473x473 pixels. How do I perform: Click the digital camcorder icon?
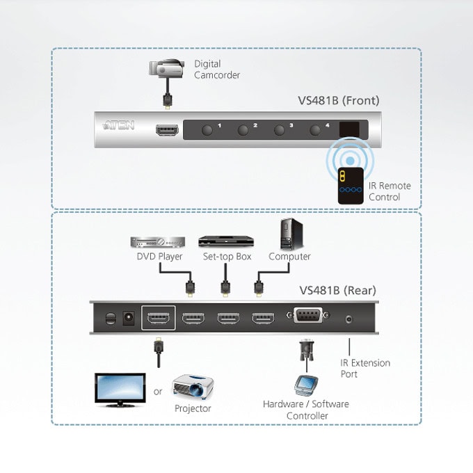166,69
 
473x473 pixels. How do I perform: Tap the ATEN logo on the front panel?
118,125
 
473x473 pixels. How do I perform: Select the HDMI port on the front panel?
167,130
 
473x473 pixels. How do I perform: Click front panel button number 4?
315,130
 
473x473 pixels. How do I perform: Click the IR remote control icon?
351,186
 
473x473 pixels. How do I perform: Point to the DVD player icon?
157,242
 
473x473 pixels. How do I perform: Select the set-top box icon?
226,241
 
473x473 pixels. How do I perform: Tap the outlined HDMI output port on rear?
159,318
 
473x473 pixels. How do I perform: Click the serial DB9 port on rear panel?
307,315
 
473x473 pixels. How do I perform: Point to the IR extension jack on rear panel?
348,319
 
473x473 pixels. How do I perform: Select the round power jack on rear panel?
129,318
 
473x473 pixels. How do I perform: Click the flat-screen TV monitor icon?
120,390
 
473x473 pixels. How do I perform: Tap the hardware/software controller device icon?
306,385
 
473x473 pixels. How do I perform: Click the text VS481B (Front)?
339,100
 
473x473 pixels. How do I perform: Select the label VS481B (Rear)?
337,290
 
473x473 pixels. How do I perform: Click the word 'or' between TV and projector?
158,392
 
